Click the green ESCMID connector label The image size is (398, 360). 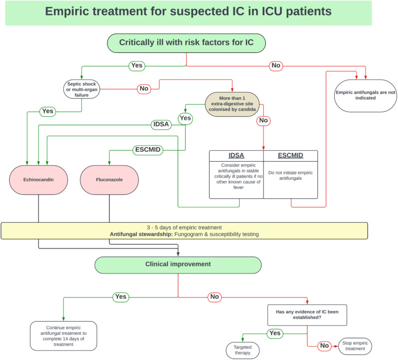click(x=148, y=150)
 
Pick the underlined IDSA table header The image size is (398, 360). click(x=236, y=156)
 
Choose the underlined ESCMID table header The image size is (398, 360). click(x=290, y=156)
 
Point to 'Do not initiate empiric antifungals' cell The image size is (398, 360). click(x=290, y=175)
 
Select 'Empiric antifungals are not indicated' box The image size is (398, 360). click(x=366, y=95)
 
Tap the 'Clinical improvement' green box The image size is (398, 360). click(x=178, y=265)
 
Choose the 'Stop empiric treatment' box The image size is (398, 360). click(x=356, y=346)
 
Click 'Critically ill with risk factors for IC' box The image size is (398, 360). click(x=186, y=42)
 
